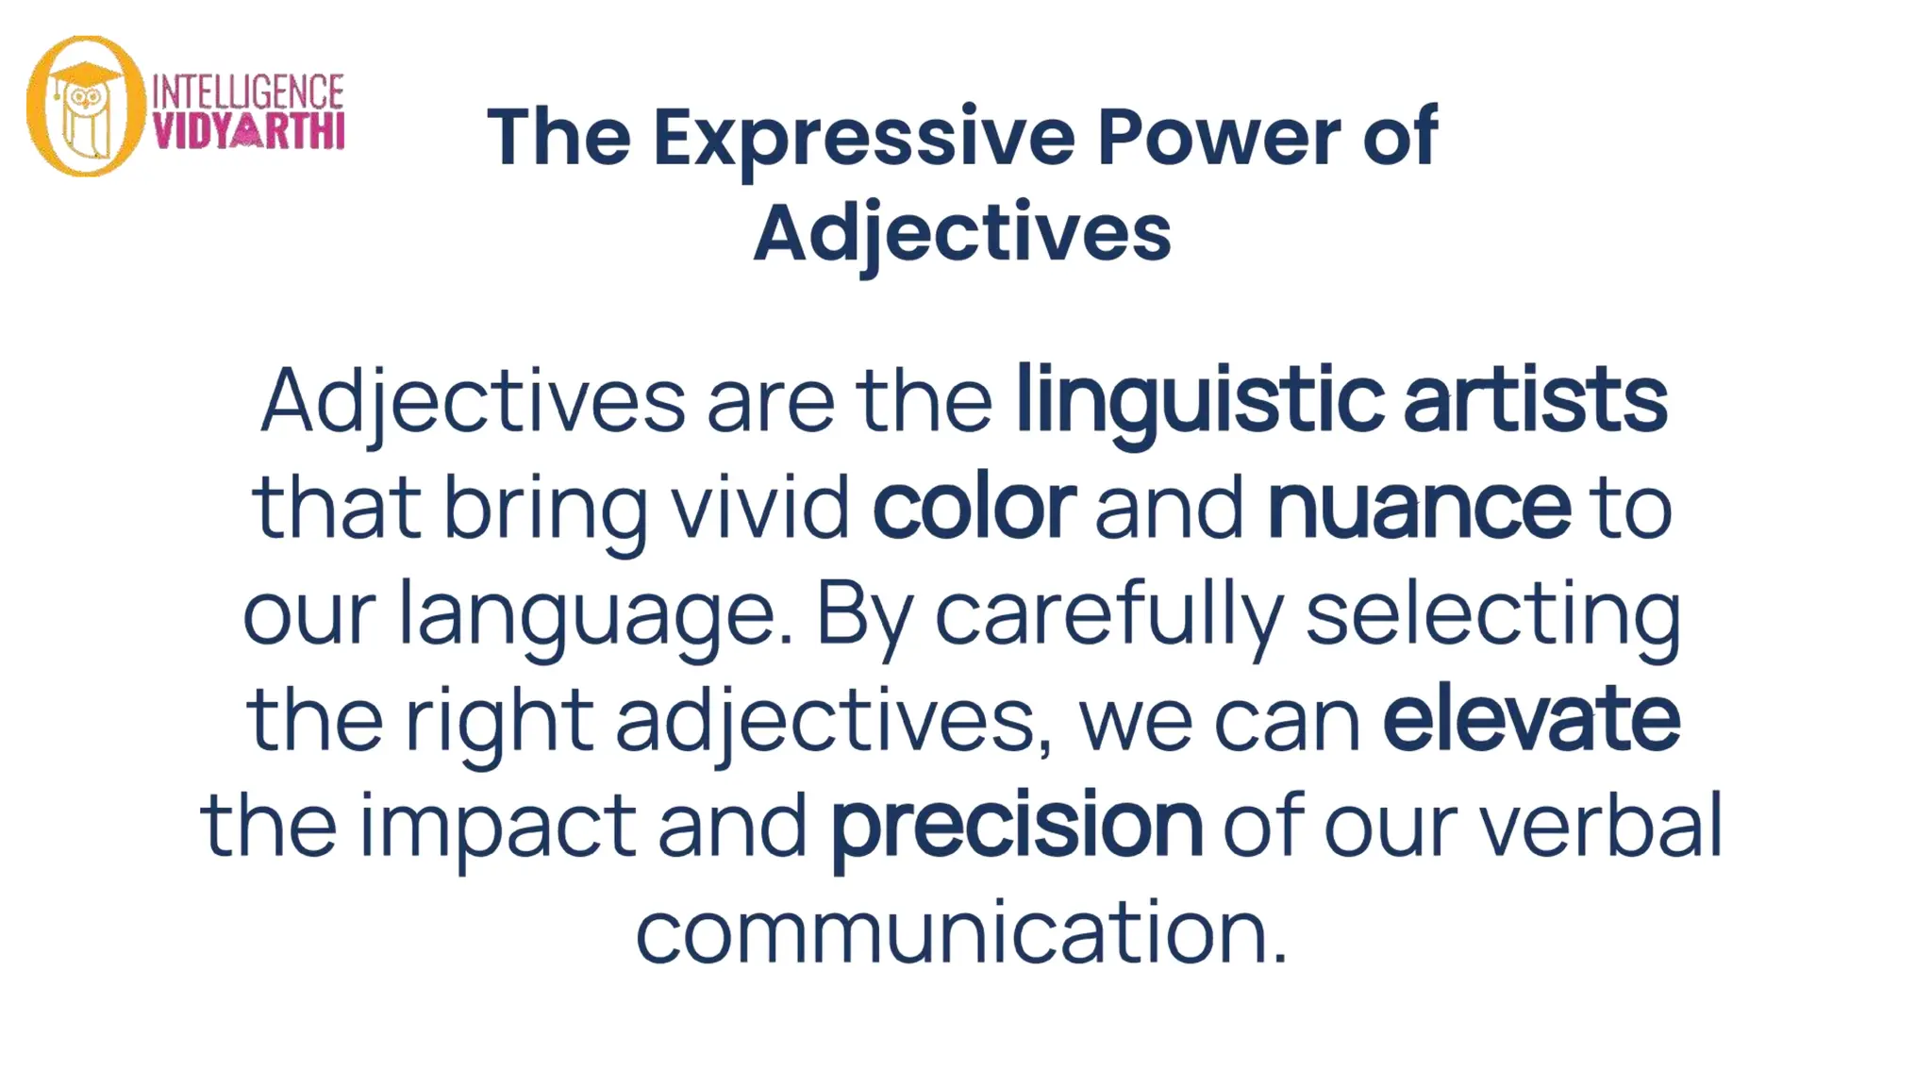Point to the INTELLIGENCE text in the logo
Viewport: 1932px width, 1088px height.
[x=248, y=92]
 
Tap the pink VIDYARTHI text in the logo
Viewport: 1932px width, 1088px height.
[x=248, y=131]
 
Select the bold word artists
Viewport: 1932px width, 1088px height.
[x=1535, y=400]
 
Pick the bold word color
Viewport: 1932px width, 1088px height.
[x=974, y=507]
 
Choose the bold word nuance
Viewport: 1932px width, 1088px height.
[x=1419, y=507]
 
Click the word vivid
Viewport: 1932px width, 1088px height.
[x=760, y=507]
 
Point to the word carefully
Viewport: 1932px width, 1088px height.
[x=1108, y=614]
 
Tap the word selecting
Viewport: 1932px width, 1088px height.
[x=1493, y=614]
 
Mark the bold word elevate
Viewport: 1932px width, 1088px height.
[x=1531, y=719]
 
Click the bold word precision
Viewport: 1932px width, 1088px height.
[x=1016, y=826]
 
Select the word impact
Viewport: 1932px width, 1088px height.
[x=498, y=826]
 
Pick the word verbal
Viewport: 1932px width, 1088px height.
[x=1601, y=826]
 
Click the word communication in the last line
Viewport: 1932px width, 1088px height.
[x=961, y=932]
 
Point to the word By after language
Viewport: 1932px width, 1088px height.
[x=864, y=614]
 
